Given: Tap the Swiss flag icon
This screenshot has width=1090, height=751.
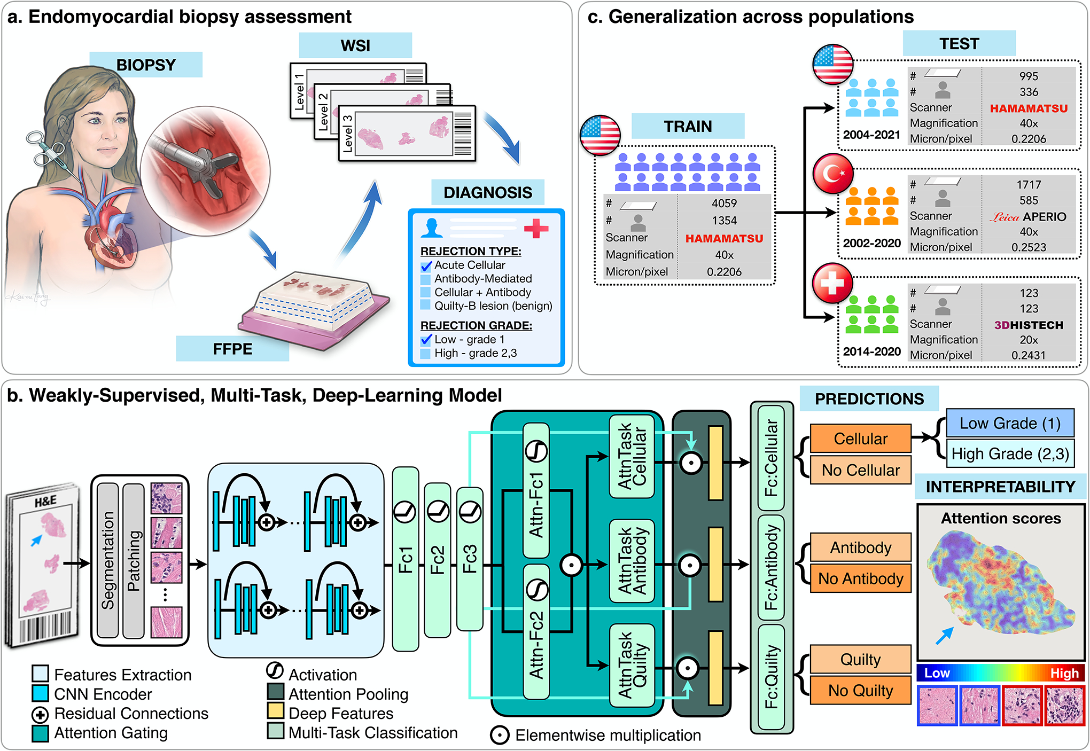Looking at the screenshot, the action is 832,283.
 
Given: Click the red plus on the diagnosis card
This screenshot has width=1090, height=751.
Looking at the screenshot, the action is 536,228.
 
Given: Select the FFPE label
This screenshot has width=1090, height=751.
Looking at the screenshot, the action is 232,349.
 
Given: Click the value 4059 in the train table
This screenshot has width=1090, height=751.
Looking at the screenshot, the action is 724,204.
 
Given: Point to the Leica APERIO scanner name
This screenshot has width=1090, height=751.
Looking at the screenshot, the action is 1028,217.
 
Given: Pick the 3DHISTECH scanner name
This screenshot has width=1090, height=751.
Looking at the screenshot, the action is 1029,325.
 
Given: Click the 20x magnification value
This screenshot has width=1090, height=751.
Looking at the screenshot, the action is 1029,340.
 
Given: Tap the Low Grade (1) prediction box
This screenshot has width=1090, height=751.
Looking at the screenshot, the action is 1010,424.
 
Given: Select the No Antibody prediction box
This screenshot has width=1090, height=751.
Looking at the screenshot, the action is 860,578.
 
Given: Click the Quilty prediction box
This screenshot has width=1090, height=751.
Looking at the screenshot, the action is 860,659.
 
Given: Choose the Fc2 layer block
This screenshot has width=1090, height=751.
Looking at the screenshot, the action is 438,560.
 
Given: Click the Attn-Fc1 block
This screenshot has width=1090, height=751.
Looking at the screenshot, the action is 536,490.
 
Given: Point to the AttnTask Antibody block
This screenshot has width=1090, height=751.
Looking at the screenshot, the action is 632,561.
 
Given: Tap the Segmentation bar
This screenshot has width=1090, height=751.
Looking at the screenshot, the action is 108,560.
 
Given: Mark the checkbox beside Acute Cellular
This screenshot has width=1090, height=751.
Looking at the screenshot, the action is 426,265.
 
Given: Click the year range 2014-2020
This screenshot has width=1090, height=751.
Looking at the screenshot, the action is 871,351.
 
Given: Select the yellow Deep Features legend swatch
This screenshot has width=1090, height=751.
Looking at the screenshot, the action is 276,711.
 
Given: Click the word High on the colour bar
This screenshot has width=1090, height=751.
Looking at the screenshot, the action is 1064,673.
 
